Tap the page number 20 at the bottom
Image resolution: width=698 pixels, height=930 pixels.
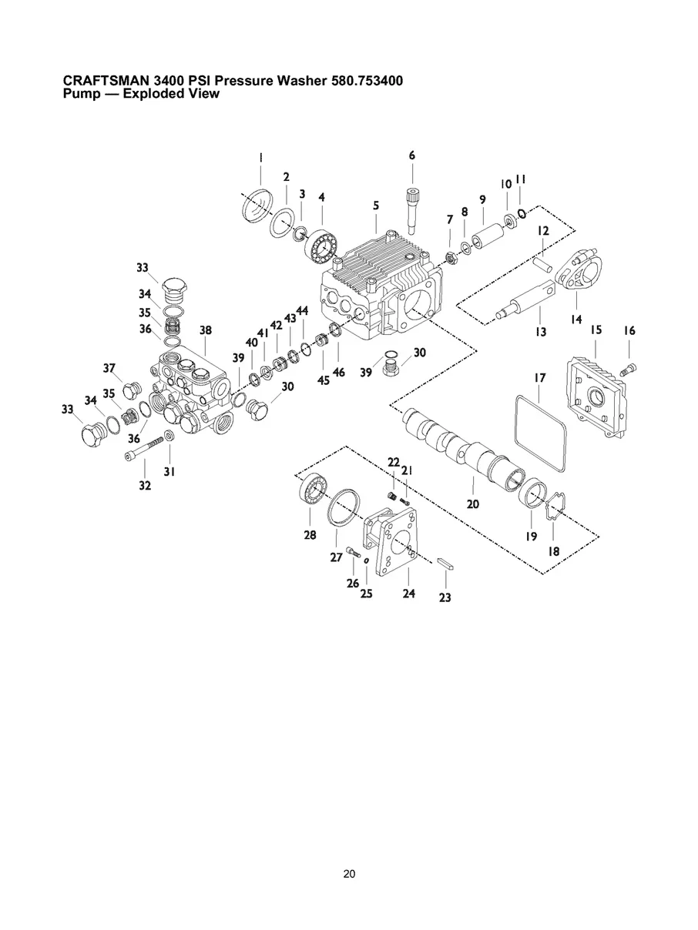[349, 874]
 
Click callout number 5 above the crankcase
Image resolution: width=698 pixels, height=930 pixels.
[376, 206]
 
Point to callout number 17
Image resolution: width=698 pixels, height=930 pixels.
[540, 378]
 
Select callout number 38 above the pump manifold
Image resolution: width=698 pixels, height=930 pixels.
[205, 330]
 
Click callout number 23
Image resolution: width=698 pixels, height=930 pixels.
[445, 597]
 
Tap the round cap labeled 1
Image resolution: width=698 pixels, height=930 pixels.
[258, 207]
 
